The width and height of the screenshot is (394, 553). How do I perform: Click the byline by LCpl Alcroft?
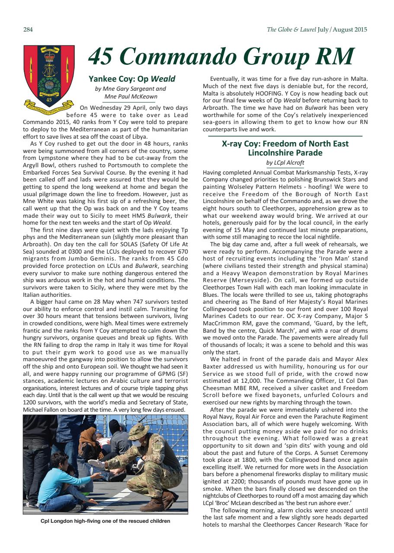(285, 162)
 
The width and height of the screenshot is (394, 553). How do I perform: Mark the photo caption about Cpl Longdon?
(105, 521)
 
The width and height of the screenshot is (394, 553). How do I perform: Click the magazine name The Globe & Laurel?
(291, 30)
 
